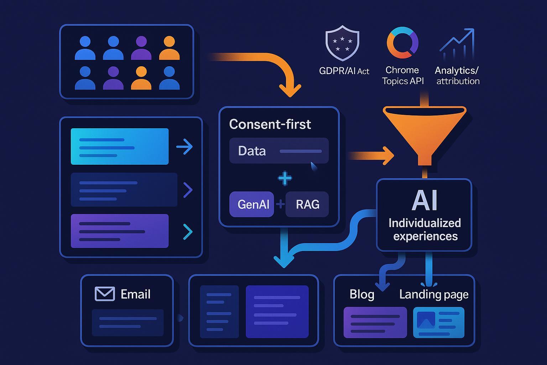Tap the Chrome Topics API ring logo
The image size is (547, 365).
[402, 43]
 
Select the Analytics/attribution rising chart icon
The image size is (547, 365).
[457, 44]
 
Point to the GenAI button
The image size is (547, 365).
[252, 204]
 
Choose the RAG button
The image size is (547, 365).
[307, 204]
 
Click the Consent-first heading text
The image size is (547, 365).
[270, 124]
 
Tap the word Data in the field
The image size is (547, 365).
[252, 151]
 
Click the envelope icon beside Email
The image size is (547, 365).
[105, 294]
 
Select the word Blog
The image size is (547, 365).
[362, 294]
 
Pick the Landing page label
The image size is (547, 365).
[434, 294]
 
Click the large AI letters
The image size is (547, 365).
[424, 200]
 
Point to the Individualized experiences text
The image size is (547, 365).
[425, 230]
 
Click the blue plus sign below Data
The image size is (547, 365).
[285, 178]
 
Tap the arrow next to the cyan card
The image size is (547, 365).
[184, 146]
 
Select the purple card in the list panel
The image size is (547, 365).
[120, 231]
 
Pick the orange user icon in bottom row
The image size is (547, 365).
[141, 78]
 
